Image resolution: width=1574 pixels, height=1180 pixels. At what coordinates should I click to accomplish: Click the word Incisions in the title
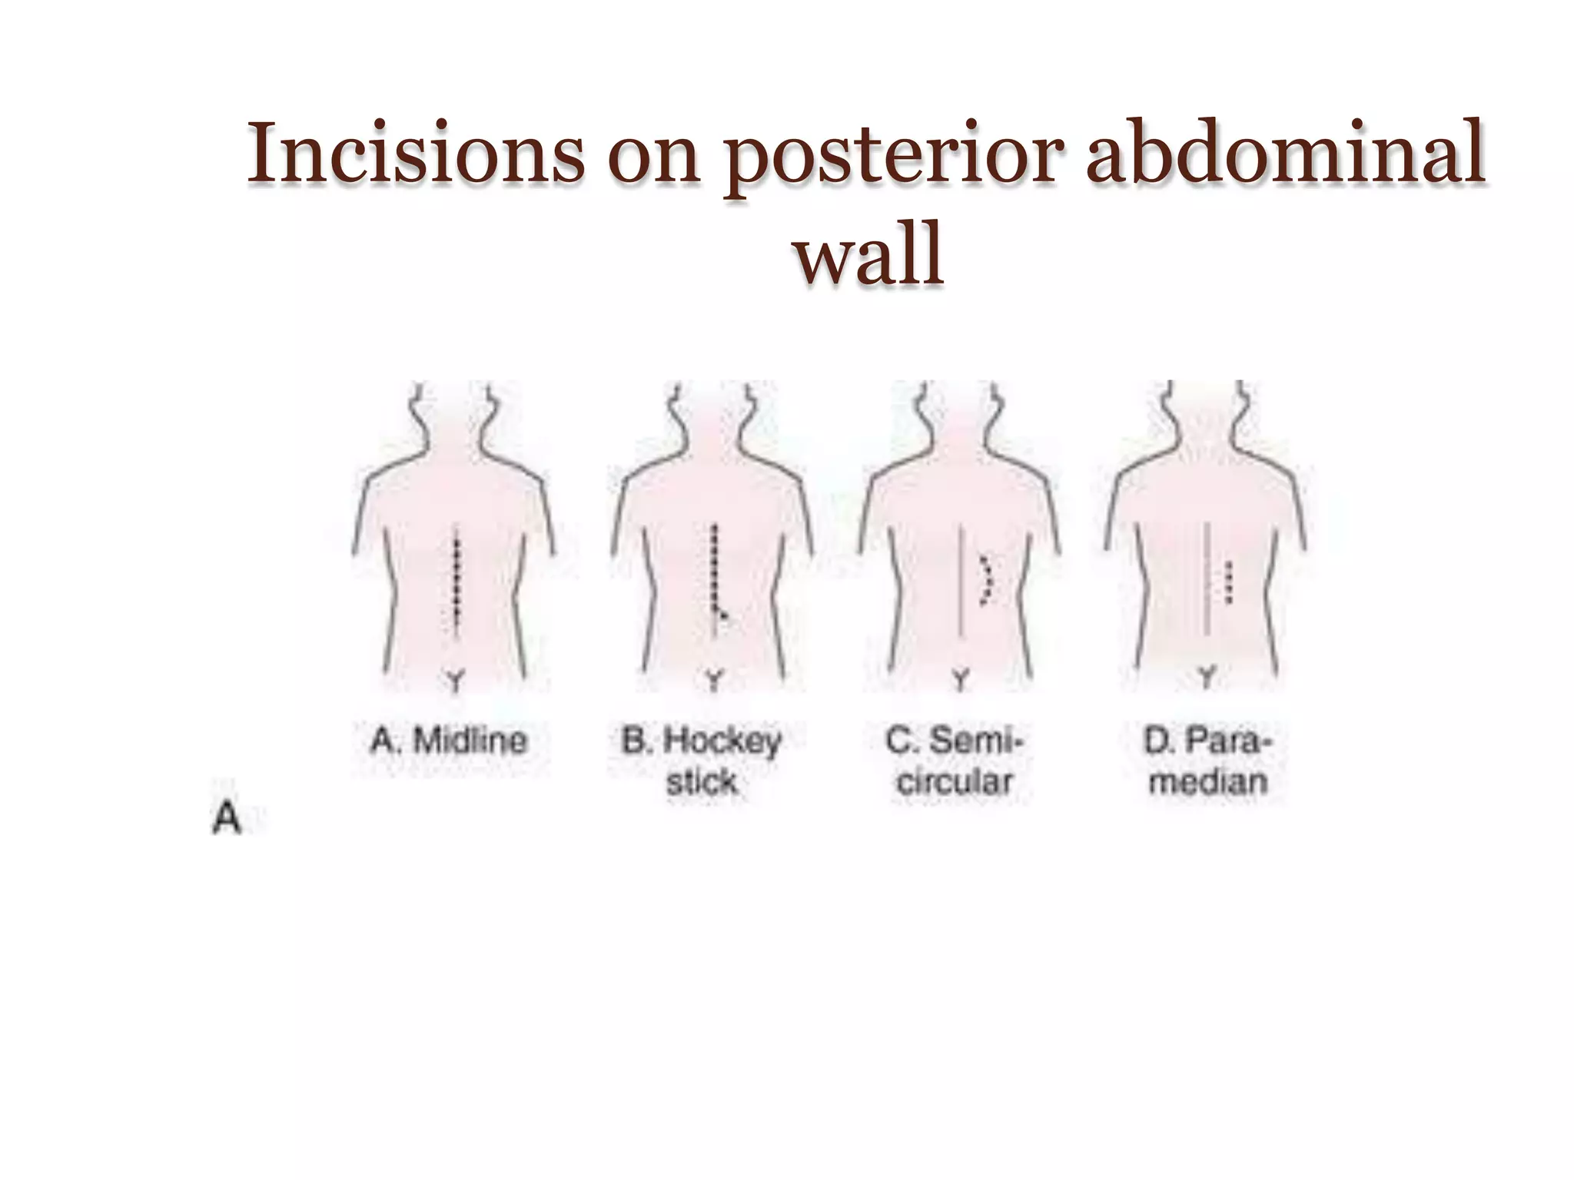[414, 154]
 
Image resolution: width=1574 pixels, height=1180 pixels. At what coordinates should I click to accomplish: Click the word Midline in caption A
[470, 741]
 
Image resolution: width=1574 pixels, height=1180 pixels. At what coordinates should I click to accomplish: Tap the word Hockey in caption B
[722, 741]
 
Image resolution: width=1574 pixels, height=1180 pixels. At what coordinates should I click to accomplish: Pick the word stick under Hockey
[701, 782]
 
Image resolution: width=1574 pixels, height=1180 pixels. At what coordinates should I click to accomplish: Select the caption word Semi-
[976, 741]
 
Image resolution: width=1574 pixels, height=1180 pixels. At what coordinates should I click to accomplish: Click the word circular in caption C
[955, 782]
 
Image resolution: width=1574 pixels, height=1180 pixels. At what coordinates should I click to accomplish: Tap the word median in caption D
[1208, 782]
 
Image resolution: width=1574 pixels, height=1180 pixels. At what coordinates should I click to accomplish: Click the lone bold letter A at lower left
[226, 819]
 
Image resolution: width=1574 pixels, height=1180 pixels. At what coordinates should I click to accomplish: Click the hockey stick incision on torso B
[716, 576]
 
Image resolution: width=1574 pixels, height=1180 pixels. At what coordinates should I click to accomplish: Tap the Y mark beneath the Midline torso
[456, 681]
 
